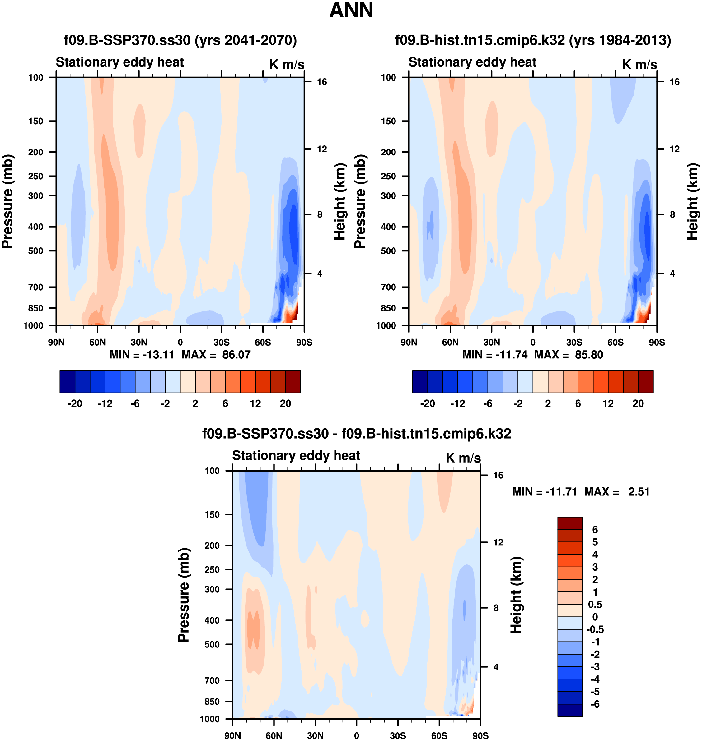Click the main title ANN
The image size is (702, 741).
tap(351, 10)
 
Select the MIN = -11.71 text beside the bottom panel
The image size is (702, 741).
tap(545, 492)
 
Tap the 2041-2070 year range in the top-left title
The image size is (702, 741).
tap(257, 40)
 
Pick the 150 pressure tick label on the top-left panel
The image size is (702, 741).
tap(35, 121)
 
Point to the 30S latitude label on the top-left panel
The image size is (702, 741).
tap(221, 342)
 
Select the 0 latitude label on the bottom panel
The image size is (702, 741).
tap(356, 735)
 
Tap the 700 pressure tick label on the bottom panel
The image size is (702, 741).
tap(212, 680)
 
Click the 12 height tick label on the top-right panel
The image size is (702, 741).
tap(674, 149)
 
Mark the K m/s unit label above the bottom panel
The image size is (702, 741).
tap(463, 458)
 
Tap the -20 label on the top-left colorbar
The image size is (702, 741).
tap(74, 404)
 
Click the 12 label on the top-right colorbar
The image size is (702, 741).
tap(608, 404)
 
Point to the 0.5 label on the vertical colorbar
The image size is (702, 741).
tap(595, 605)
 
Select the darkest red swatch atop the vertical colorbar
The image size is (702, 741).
tap(569, 523)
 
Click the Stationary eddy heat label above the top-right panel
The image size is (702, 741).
tap(472, 62)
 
